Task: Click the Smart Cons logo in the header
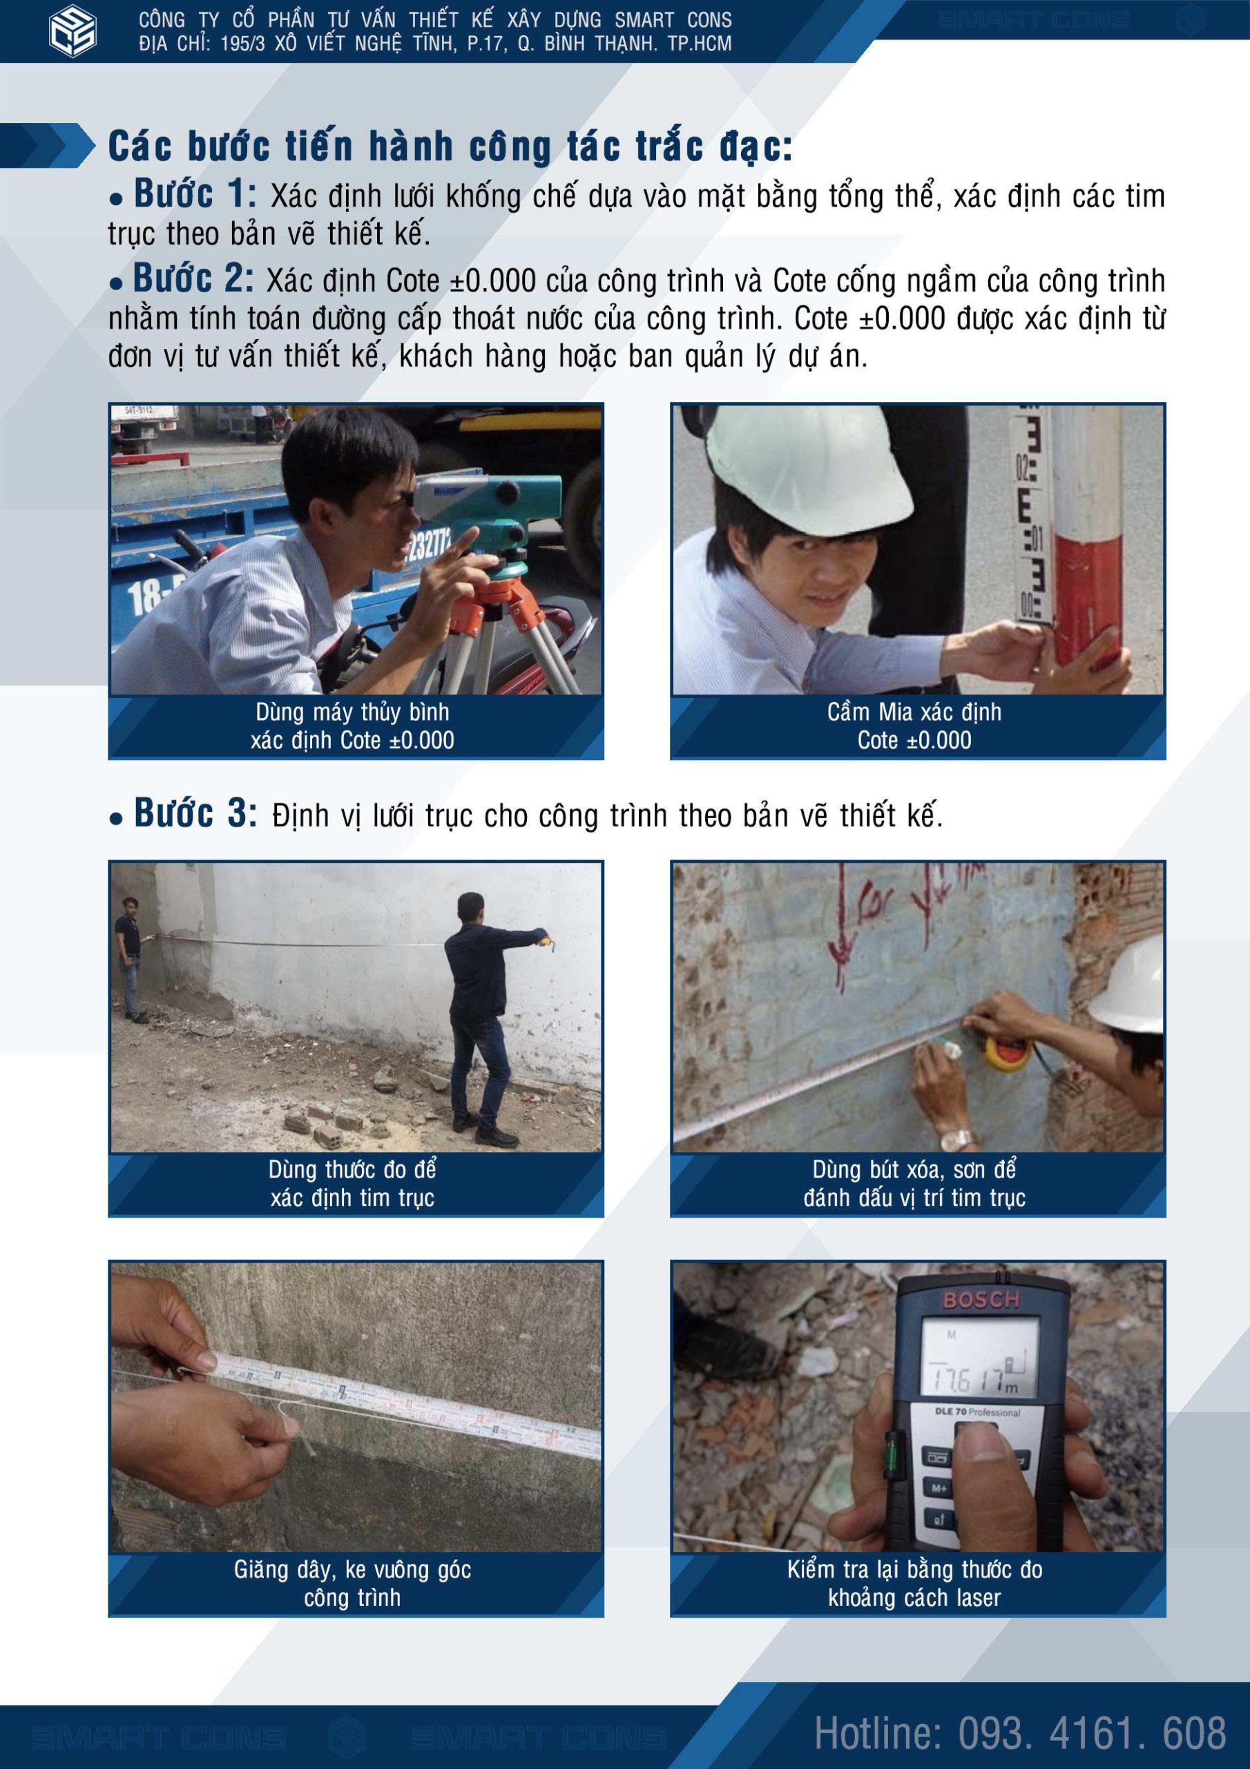(73, 32)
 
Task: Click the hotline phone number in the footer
(1020, 1733)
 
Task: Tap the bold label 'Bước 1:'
(195, 194)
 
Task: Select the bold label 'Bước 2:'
(193, 279)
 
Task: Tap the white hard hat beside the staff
(786, 462)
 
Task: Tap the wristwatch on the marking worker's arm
(961, 1139)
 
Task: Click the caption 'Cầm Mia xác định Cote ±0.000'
(914, 726)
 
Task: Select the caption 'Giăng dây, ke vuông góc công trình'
(353, 1583)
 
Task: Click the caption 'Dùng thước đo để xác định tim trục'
(353, 1184)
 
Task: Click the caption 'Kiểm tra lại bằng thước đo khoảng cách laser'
(914, 1583)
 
